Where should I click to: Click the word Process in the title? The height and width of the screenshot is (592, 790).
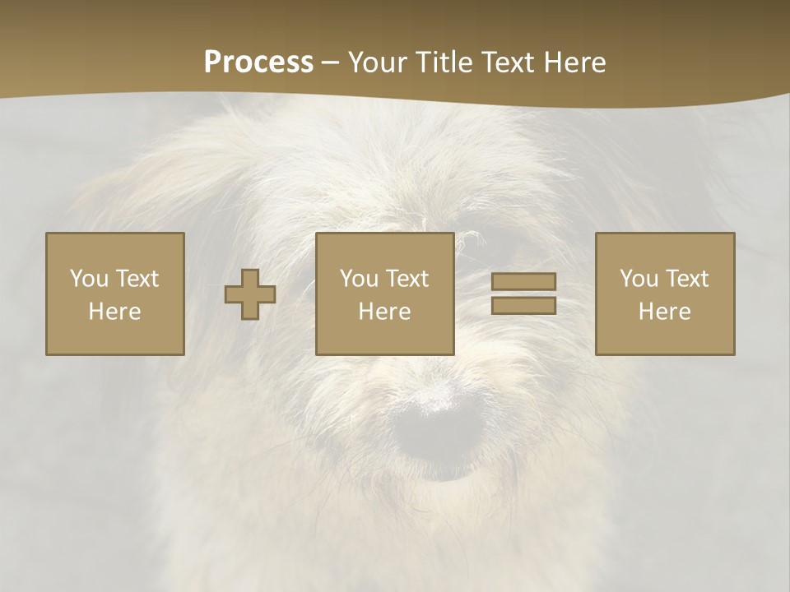258,62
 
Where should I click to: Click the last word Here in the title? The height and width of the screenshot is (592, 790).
573,62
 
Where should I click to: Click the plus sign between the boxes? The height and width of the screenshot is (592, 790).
250,294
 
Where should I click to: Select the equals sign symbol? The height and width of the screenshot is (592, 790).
523,294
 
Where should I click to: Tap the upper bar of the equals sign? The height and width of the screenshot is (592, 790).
523,282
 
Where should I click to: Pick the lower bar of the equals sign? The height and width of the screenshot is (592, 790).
523,305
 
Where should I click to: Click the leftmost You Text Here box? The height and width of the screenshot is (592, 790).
115,294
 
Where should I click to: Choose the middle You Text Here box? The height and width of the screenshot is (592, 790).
384,294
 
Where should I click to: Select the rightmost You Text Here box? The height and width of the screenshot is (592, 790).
665,294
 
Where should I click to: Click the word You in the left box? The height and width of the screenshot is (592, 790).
89,278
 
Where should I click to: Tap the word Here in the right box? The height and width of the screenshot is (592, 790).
665,312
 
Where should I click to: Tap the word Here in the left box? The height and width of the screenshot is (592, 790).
115,312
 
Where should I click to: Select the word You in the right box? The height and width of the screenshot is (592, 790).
639,278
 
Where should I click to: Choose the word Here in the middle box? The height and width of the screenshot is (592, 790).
384,312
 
